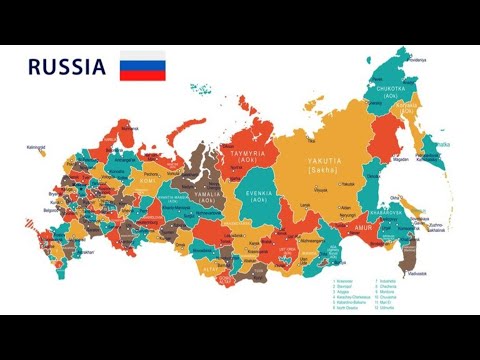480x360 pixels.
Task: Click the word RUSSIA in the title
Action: [66, 68]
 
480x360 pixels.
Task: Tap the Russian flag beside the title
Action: [142, 66]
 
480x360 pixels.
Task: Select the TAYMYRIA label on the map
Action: [250, 152]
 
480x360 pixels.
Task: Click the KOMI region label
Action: [150, 183]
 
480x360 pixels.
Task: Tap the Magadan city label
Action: [400, 156]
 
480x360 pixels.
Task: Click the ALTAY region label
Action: [212, 268]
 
